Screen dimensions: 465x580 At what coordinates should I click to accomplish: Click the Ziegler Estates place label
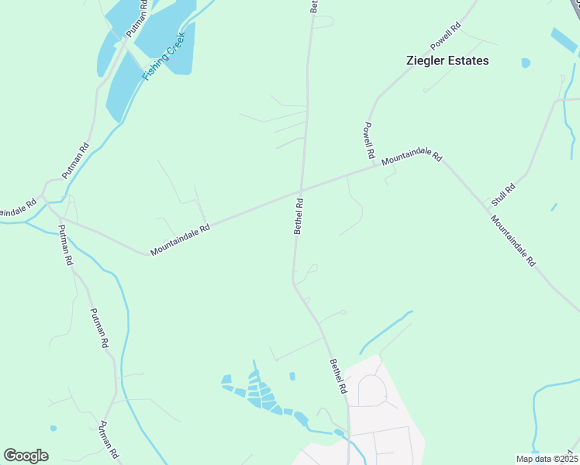(x=448, y=60)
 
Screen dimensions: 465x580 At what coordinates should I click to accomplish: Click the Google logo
(x=26, y=456)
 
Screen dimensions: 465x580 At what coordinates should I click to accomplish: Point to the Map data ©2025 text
(x=546, y=458)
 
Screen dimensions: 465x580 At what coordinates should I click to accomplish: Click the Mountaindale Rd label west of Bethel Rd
(x=180, y=240)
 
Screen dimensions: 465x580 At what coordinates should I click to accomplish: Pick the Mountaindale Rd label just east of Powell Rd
(x=412, y=157)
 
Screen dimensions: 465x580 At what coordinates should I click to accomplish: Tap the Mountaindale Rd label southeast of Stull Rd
(x=513, y=240)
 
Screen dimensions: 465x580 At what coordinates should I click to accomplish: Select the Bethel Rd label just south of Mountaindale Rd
(x=299, y=216)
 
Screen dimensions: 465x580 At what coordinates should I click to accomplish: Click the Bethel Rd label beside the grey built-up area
(x=337, y=376)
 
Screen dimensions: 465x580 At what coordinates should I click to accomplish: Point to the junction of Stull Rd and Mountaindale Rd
(x=488, y=208)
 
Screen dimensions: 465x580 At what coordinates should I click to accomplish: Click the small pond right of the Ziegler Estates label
(x=526, y=63)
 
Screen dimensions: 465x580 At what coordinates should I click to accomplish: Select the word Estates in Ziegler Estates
(x=468, y=60)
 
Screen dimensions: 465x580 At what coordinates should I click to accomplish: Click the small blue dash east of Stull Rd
(x=554, y=207)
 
